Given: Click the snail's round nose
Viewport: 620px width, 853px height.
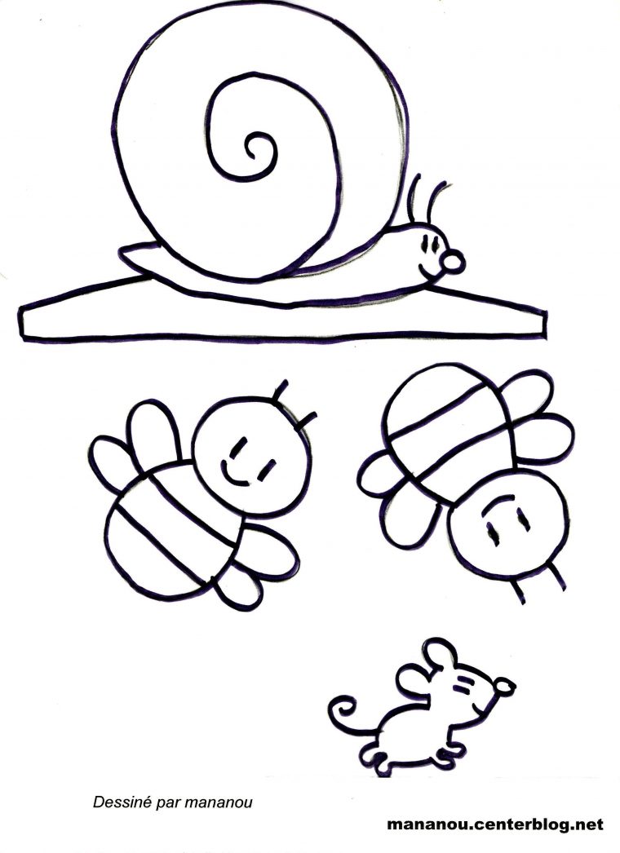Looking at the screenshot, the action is tap(452, 262).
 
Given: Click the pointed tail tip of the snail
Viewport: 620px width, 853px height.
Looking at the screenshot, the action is tap(122, 250).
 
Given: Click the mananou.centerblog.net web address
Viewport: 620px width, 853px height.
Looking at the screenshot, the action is tap(495, 824).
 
